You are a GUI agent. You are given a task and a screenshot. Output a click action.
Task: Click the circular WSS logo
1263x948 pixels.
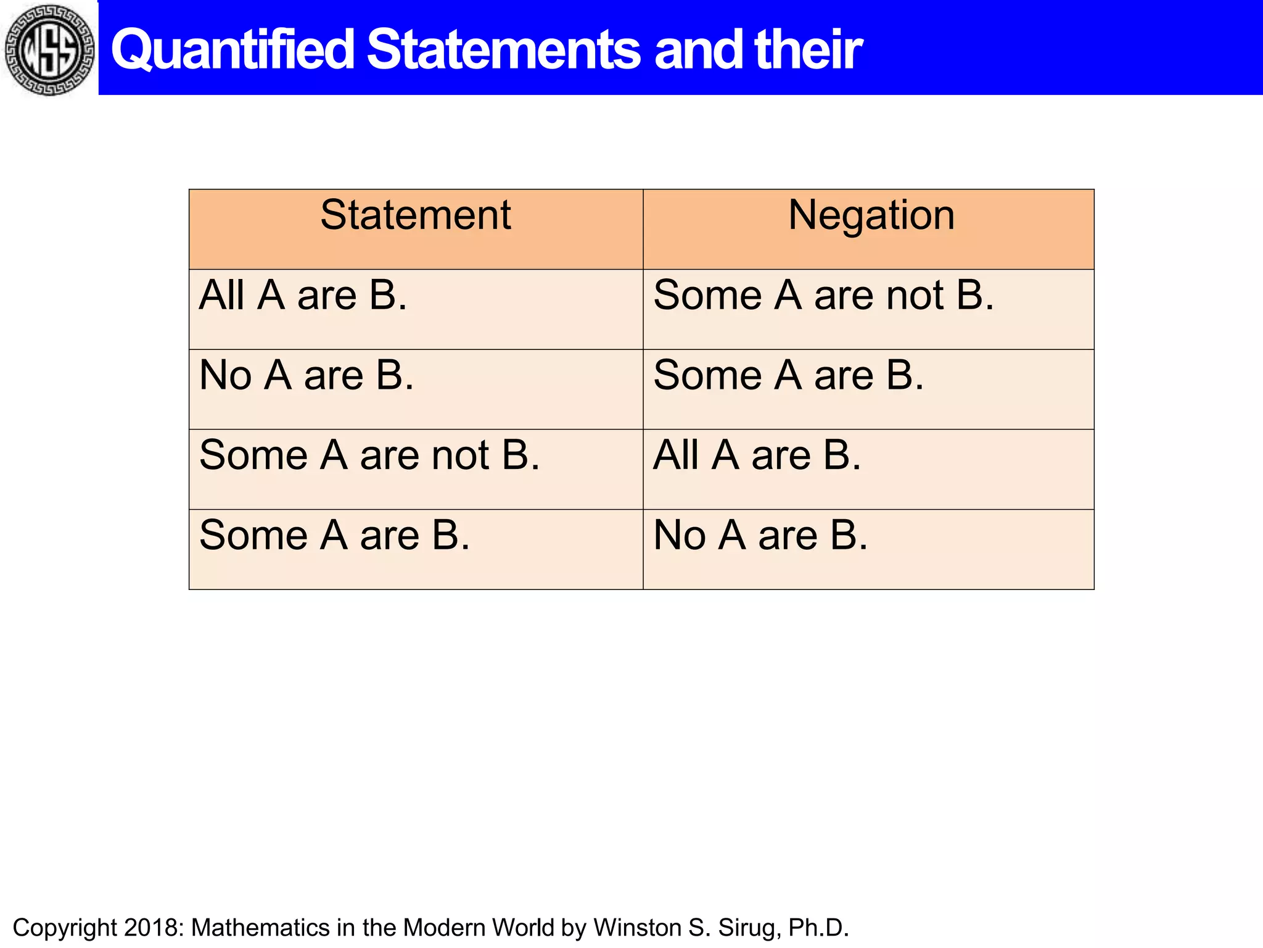tap(49, 49)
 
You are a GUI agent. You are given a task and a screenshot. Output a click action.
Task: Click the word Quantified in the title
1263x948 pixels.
tap(232, 49)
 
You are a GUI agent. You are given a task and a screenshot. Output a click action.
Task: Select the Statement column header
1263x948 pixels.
tap(415, 215)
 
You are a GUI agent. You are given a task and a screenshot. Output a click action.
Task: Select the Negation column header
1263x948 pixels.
tap(871, 215)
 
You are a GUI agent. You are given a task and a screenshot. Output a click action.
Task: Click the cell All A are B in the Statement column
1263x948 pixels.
tap(303, 295)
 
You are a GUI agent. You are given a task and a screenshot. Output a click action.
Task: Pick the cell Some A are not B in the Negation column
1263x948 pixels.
tap(823, 295)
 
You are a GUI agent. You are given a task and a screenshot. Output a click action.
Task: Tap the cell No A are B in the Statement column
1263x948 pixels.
tap(306, 375)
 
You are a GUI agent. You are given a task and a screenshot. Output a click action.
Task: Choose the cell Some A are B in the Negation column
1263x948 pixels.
tap(788, 375)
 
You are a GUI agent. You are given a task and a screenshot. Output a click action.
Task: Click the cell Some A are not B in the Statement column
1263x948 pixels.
tap(369, 455)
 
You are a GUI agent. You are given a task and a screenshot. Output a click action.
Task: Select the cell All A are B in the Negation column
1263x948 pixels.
tap(757, 455)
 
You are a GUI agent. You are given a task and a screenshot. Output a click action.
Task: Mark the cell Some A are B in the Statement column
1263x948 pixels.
tap(334, 535)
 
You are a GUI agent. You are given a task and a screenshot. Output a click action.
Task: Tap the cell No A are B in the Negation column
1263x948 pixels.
tap(760, 535)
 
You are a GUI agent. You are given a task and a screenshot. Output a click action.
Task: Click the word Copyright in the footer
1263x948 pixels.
tap(64, 928)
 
